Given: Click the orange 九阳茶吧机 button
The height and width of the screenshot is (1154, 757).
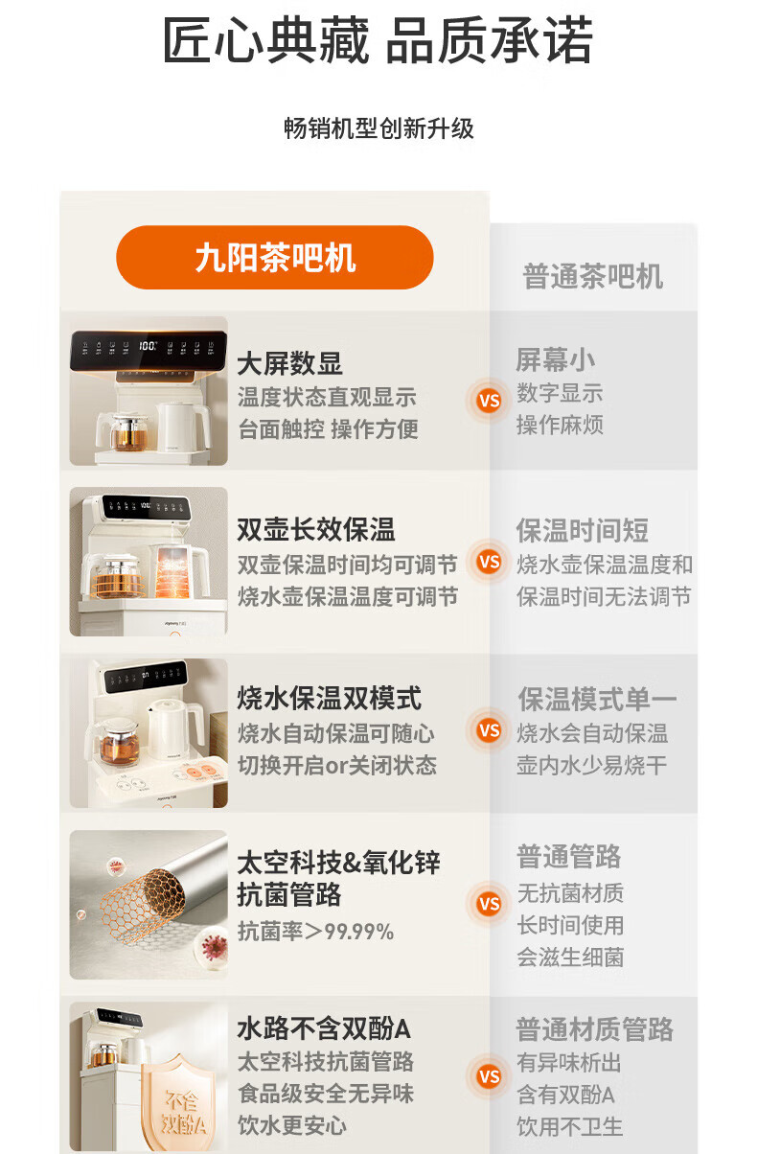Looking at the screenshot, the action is tap(274, 257).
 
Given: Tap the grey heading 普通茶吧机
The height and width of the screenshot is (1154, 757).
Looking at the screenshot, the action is tap(593, 276).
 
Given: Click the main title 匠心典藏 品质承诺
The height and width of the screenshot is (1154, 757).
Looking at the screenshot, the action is tap(378, 40).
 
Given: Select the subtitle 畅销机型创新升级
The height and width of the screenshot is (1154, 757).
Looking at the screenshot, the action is tap(378, 128).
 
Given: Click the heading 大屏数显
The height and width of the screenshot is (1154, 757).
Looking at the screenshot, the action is tap(290, 363).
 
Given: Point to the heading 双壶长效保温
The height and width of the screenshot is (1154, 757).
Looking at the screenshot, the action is tap(316, 530).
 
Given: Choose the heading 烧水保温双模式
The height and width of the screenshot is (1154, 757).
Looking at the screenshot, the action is tap(330, 698).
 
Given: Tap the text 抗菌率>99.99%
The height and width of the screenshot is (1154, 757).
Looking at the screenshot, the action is tap(315, 932).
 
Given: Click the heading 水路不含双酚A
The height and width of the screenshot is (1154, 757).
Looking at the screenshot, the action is tap(324, 1028).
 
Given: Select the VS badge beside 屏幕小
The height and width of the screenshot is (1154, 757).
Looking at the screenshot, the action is tap(489, 401).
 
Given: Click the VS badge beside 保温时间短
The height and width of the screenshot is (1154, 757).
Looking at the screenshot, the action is tap(489, 562).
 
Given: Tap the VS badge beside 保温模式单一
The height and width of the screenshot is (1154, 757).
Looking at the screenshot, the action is tap(489, 730).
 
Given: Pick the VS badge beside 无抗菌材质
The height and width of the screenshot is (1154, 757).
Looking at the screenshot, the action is tap(489, 904).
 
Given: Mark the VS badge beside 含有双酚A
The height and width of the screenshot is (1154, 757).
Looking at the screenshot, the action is tap(489, 1076).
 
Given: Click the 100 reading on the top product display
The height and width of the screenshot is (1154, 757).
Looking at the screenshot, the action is tap(148, 345).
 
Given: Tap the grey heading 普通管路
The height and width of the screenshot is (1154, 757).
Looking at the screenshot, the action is tap(569, 856).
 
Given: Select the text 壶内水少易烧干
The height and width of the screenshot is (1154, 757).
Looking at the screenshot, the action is tap(591, 765).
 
